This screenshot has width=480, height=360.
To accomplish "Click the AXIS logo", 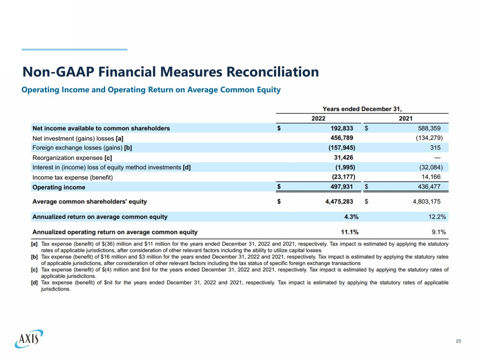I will [29, 339].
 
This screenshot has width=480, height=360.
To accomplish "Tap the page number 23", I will [458, 341].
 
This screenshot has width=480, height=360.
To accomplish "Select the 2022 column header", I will [318, 118].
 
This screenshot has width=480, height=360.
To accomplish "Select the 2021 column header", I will [405, 118].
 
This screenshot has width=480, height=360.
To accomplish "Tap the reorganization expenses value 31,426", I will [343, 158].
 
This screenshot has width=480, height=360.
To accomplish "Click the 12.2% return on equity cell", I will [438, 217].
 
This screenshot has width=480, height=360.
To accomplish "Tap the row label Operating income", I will [59, 187].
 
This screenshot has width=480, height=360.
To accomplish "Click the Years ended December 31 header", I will [362, 109].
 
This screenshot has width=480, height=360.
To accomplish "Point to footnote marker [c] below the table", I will [34, 270].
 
